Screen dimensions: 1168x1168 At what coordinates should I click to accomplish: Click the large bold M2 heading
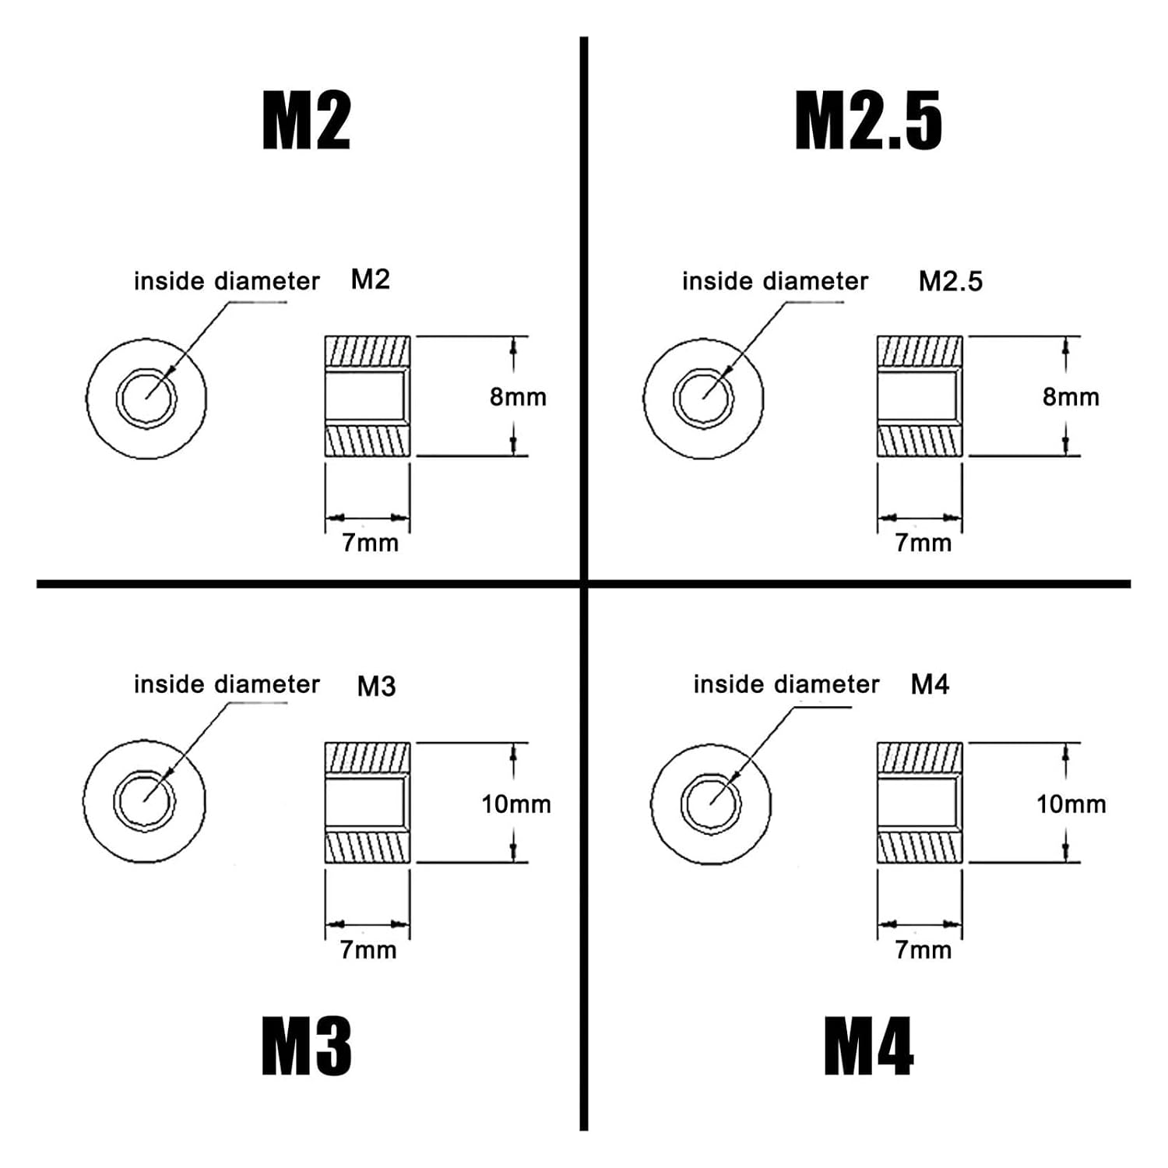coord(306,121)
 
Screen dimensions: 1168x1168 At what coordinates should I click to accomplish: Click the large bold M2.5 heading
coord(868,121)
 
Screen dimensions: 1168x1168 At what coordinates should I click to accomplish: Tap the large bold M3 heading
coord(306,1047)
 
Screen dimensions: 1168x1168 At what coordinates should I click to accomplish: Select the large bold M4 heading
coord(868,1047)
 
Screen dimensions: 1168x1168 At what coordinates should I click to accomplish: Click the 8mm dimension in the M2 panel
coord(518,397)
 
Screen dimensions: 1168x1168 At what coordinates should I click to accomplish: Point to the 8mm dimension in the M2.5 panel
coord(1071,397)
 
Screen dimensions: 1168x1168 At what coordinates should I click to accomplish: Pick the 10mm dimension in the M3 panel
coord(515,804)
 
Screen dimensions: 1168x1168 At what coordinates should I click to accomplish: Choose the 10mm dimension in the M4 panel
coord(1071,804)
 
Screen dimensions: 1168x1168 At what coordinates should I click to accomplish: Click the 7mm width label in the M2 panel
coord(370,543)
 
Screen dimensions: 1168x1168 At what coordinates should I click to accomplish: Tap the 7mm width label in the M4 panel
coord(923,950)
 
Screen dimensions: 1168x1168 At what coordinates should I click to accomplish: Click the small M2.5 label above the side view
coord(951,281)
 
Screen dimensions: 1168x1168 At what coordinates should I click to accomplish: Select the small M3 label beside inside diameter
coord(376,686)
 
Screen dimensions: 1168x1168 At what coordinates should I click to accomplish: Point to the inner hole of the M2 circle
coord(146,398)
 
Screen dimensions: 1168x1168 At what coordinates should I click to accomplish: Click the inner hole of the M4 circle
coord(711,804)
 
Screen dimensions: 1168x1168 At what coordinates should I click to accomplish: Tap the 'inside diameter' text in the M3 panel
coord(227,684)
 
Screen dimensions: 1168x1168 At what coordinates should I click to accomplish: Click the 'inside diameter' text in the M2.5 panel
coord(775,281)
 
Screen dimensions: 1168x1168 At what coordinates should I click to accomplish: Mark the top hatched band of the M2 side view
coord(367,352)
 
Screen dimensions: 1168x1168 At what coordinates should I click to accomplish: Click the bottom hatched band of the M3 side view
coord(367,847)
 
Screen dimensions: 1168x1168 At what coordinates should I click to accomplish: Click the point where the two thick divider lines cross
coord(584,583)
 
